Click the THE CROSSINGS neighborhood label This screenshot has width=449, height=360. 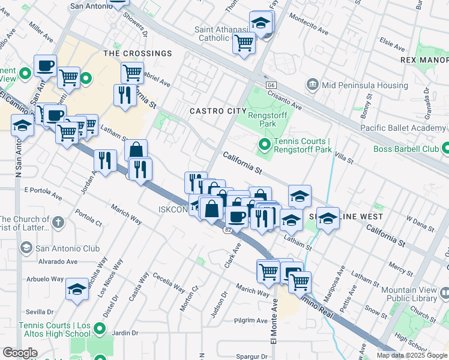pos(137,53)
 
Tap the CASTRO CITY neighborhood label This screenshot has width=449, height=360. pos(217,111)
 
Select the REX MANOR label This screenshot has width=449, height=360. pos(424,61)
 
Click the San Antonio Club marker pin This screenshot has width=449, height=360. pos(26,248)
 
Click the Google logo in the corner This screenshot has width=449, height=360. pos(20,352)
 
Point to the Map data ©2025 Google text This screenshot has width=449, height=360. pos(412,355)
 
